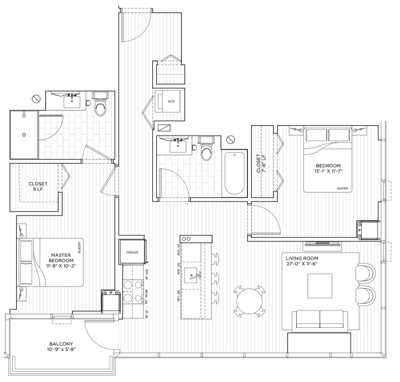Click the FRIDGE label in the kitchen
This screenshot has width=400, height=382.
[132, 252]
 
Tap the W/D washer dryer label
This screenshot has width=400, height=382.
[171, 101]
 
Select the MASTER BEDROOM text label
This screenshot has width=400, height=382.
[61, 257]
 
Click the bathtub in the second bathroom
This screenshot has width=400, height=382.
[234, 173]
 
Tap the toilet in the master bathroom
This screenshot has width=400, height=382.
[100, 104]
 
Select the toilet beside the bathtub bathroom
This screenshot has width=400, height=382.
[206, 148]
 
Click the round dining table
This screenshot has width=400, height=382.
[249, 301]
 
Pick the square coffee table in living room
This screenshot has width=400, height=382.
[320, 286]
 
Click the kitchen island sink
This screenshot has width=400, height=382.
[192, 275]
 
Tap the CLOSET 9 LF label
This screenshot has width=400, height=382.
[38, 186]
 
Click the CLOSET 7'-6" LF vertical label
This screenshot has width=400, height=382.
[261, 164]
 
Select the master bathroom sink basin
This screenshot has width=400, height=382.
[72, 102]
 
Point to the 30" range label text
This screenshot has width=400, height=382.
[146, 296]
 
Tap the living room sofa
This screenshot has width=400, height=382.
[320, 319]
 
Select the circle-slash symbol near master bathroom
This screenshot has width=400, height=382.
[36, 99]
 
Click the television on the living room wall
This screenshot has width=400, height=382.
[323, 244]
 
